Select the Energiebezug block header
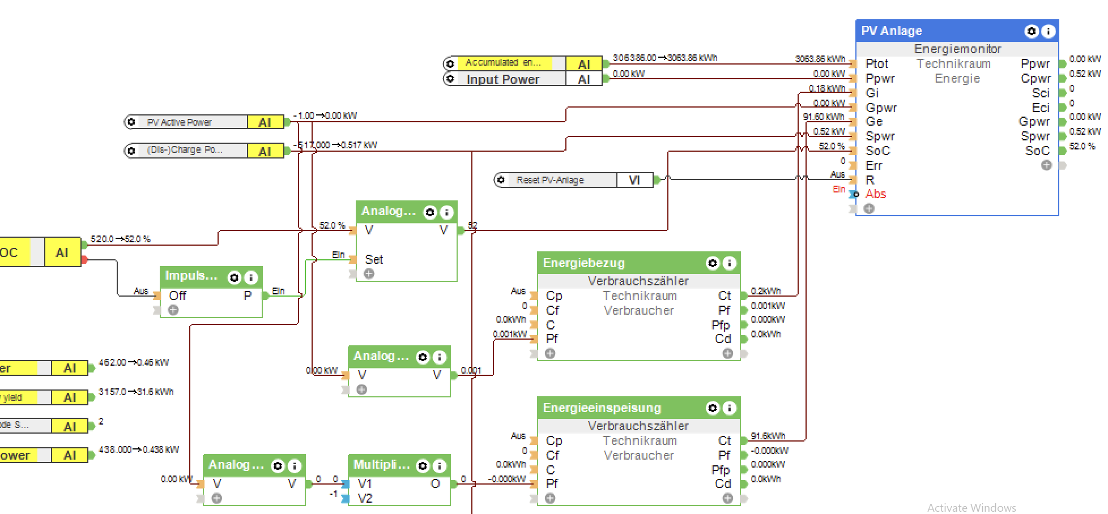pos(583,263)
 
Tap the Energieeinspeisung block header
pos(602,408)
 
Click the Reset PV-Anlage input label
pos(549,180)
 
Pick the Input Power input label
pos(502,79)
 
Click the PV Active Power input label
pos(179,122)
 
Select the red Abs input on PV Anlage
pos(875,194)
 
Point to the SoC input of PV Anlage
pos(877,151)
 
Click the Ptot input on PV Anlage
pos(876,64)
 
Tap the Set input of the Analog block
pos(374,259)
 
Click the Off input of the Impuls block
pos(177,295)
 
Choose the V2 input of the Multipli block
pos(365,499)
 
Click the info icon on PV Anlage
pos(1048,31)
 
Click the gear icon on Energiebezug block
pos(713,263)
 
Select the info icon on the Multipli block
pos(439,466)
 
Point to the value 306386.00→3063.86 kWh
pos(664,58)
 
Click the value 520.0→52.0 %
pos(120,239)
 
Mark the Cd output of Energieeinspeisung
pos(723,484)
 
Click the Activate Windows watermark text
pos(971,508)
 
